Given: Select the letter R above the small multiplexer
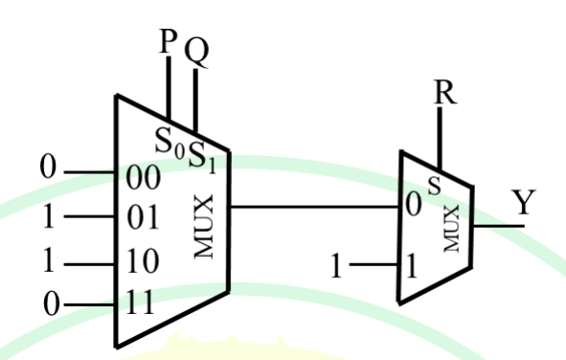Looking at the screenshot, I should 442,93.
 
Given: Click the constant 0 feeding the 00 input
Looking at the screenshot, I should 48,171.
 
